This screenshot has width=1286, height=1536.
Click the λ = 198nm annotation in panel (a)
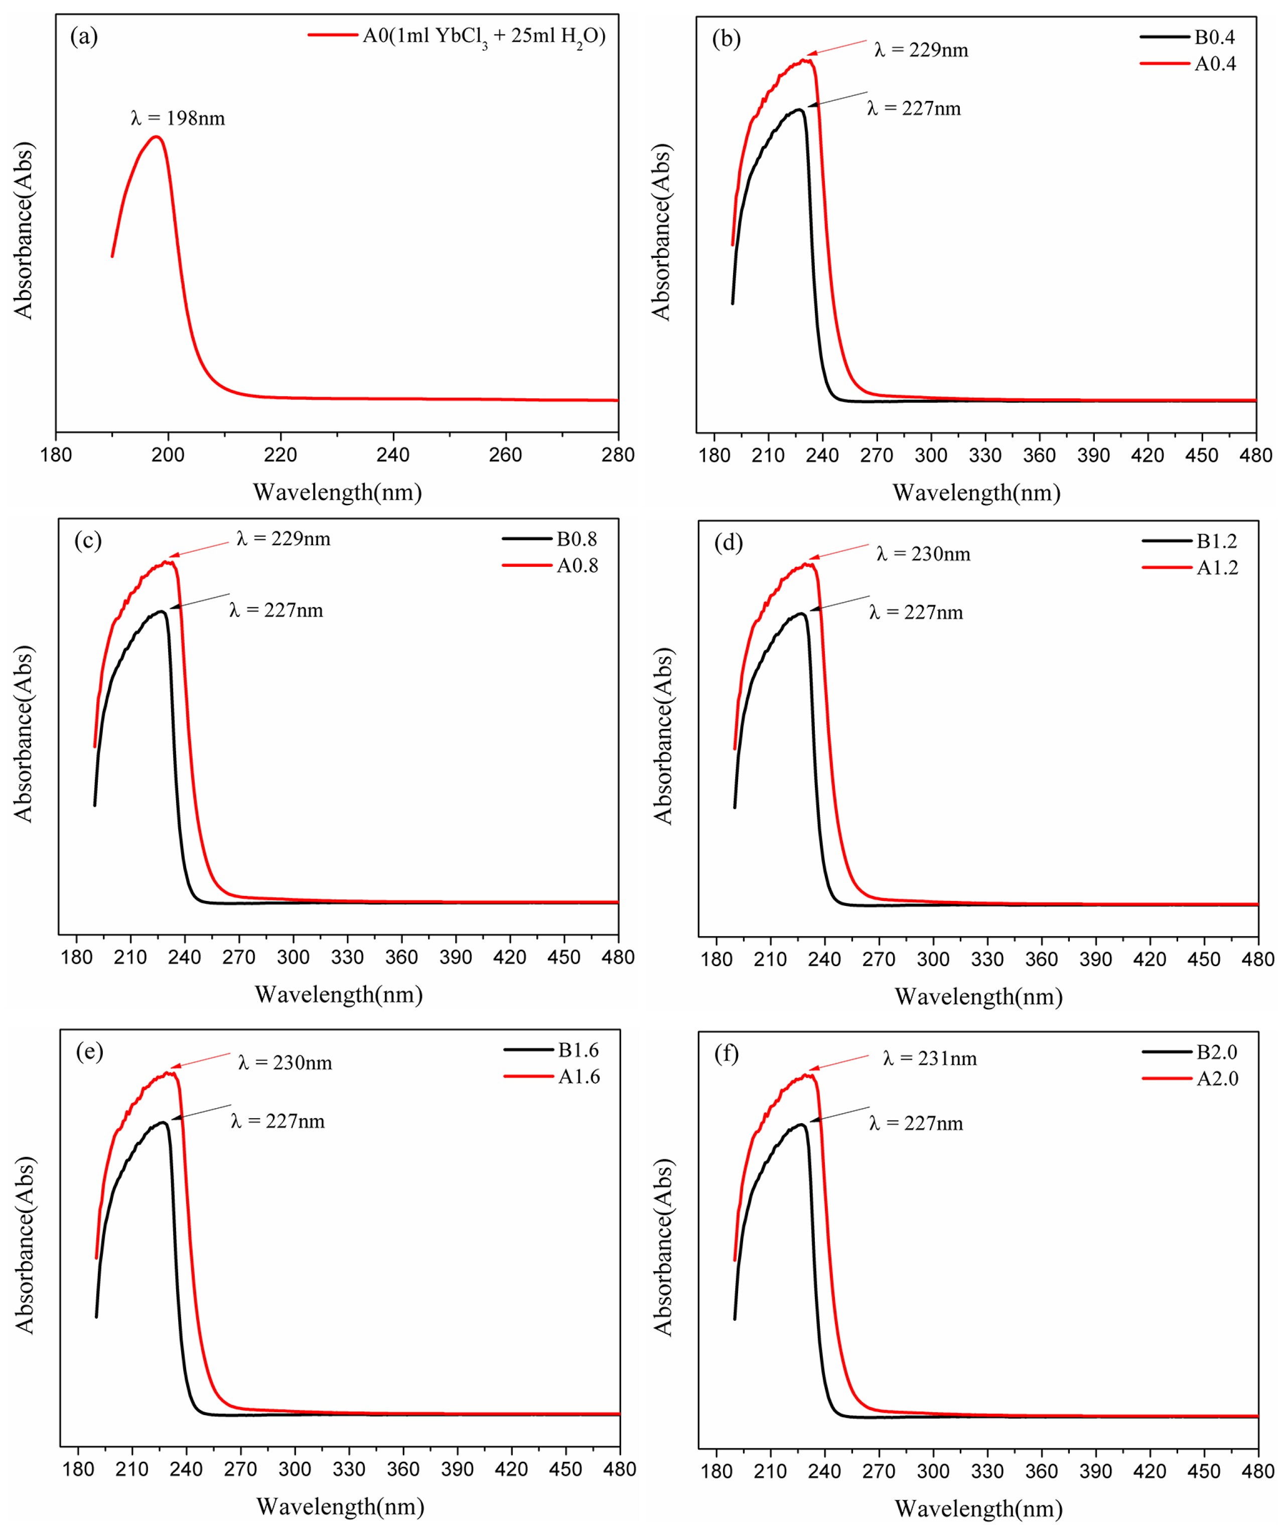point(178,118)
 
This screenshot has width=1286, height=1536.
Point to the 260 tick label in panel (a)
point(505,455)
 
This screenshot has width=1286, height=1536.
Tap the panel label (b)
point(727,38)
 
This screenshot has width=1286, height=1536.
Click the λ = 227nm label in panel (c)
point(276,610)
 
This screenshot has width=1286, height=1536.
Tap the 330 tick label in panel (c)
point(348,958)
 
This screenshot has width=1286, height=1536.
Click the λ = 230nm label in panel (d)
point(923,554)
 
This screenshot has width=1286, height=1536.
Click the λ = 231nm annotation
point(930,1058)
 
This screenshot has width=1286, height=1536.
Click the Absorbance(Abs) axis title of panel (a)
point(24,230)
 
